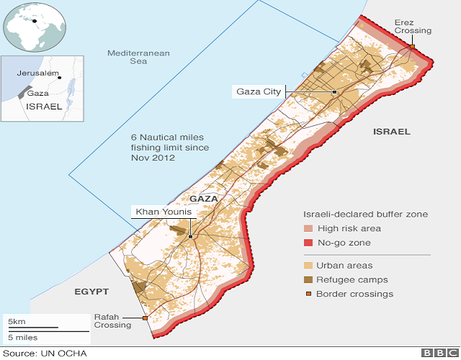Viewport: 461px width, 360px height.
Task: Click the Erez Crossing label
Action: tap(413, 26)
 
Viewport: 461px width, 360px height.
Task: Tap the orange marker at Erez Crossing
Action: tap(413, 47)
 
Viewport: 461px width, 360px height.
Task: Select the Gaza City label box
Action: tap(259, 91)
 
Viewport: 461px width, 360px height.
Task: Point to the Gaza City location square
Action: tap(334, 92)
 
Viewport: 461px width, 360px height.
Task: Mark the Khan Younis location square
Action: tap(190, 237)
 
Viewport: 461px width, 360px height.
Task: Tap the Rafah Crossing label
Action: tap(112, 320)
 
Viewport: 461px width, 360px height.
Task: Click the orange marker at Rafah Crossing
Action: tap(146, 318)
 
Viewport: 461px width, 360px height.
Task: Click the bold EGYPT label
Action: tap(91, 292)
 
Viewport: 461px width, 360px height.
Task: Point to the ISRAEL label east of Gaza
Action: tap(391, 132)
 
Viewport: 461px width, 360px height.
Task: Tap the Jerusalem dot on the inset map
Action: tap(60, 77)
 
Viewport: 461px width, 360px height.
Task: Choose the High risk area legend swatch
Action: tap(310, 229)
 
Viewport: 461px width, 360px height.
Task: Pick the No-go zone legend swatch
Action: tap(310, 243)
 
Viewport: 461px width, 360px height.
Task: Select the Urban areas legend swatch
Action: tap(310, 266)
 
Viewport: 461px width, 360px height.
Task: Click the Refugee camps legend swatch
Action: tap(310, 280)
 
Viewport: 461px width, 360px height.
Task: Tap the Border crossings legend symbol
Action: tap(310, 294)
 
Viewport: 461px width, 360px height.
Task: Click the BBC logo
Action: tap(437, 353)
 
